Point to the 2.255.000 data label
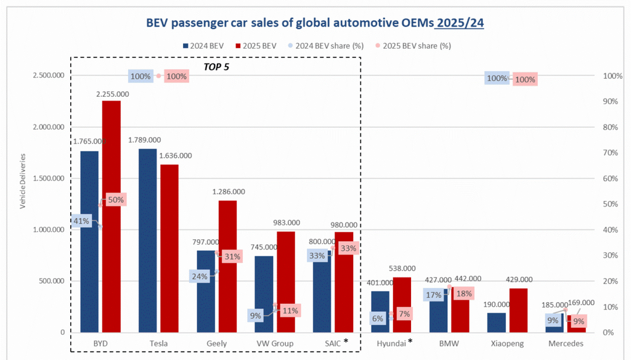[112, 94]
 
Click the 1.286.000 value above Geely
[228, 192]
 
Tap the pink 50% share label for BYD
[115, 200]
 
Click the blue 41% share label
[81, 221]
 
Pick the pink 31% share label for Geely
[232, 256]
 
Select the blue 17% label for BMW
[433, 295]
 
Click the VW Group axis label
[274, 343]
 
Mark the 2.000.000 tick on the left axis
[51, 127]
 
